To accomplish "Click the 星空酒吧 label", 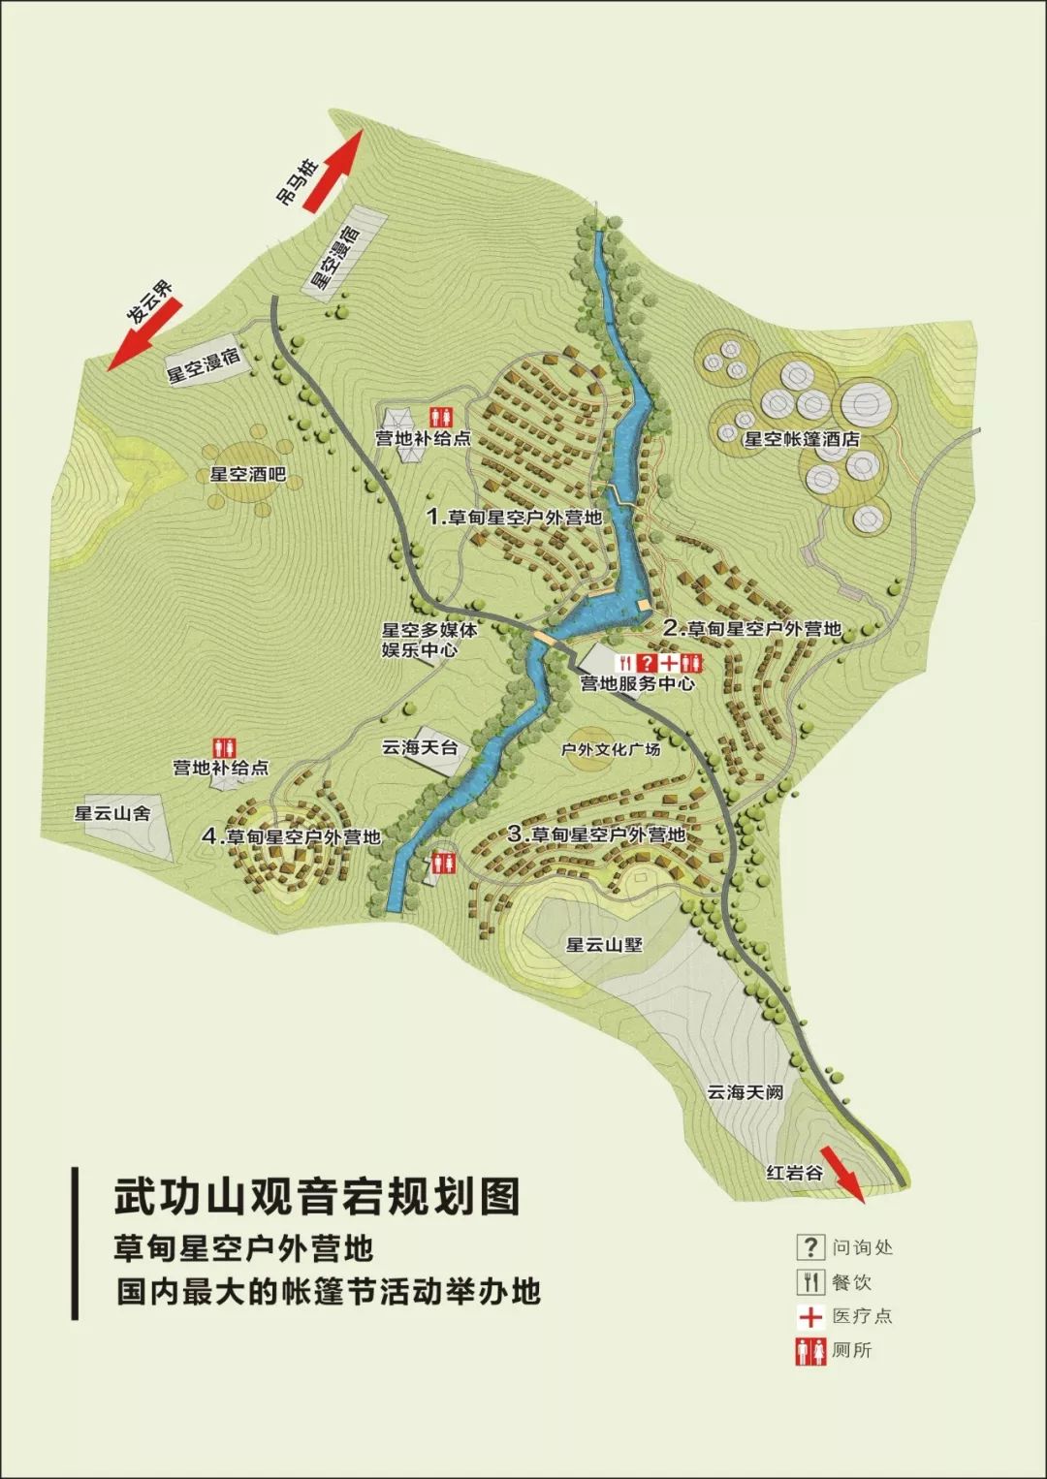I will point(249,475).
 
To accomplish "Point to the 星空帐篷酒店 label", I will point(802,438).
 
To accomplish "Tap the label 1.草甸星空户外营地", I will point(515,517).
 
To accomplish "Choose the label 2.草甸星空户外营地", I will point(752,628).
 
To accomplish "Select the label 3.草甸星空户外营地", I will point(596,834).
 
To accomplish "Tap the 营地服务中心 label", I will point(637,683).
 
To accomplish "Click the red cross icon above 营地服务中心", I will point(670,663).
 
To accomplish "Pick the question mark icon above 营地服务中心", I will point(648,663).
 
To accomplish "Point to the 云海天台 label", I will point(420,747).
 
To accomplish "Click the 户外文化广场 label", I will point(611,749).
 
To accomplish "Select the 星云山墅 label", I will point(605,944).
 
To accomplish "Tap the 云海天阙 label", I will point(745,1091).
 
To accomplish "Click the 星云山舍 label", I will point(113,813).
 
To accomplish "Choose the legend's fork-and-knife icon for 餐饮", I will point(809,1281).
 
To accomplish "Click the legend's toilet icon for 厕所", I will point(809,1350).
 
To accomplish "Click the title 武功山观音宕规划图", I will point(317,1196).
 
